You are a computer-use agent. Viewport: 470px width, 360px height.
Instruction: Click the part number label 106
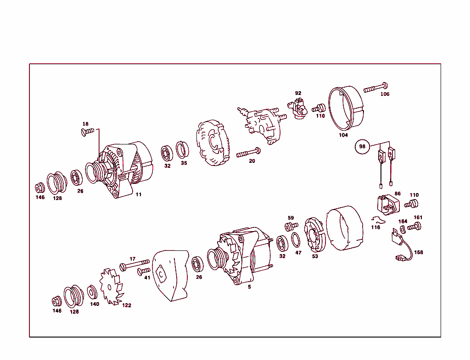tap(385, 94)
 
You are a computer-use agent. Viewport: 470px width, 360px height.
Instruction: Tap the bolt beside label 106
tap(376, 88)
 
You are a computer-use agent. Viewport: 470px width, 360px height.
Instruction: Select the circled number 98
tap(362, 147)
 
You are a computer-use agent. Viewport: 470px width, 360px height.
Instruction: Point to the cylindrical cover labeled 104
tap(347, 108)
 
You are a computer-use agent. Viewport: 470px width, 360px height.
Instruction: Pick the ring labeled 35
tap(183, 150)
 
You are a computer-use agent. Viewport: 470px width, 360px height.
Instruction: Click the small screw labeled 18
tap(87, 132)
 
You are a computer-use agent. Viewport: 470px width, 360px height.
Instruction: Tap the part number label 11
tap(138, 194)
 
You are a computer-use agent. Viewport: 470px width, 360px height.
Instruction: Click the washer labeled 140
tap(92, 291)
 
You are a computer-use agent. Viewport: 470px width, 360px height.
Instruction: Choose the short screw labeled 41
tap(143, 271)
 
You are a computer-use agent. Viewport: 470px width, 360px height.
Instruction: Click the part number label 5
tap(249, 287)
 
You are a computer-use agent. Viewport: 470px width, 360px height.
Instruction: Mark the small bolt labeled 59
tap(290, 226)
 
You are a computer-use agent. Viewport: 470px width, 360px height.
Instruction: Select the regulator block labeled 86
tap(387, 204)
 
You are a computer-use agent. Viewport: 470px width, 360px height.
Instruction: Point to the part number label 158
tap(419, 252)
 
